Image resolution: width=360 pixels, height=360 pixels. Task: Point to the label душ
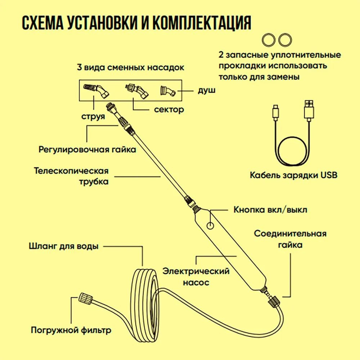coord(206,90)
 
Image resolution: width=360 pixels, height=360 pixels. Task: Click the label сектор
coord(169,109)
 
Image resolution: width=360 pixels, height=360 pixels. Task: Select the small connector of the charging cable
coord(275,111)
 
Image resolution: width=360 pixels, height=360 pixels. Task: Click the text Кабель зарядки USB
coord(293,175)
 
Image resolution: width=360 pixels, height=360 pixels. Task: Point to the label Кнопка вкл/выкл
coord(270,210)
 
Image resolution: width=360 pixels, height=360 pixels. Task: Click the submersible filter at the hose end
coord(86,298)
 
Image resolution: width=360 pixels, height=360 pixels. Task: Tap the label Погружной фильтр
coord(71,330)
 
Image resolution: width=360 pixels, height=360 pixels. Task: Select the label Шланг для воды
coord(63,247)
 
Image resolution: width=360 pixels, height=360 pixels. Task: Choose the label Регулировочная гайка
coord(87,149)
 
